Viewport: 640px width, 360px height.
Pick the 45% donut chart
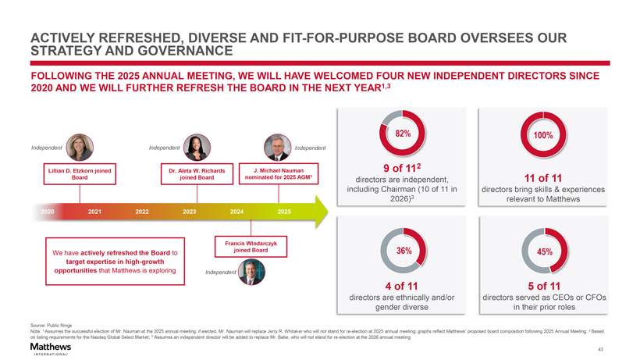click(544, 251)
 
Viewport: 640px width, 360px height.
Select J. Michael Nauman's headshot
click(278, 147)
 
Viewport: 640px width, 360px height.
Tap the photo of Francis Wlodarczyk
click(251, 271)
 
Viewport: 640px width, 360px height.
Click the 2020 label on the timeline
click(48, 212)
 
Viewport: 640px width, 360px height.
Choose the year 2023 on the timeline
click(189, 212)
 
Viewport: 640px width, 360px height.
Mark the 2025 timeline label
click(284, 212)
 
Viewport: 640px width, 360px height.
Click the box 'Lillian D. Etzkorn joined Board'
click(80, 174)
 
